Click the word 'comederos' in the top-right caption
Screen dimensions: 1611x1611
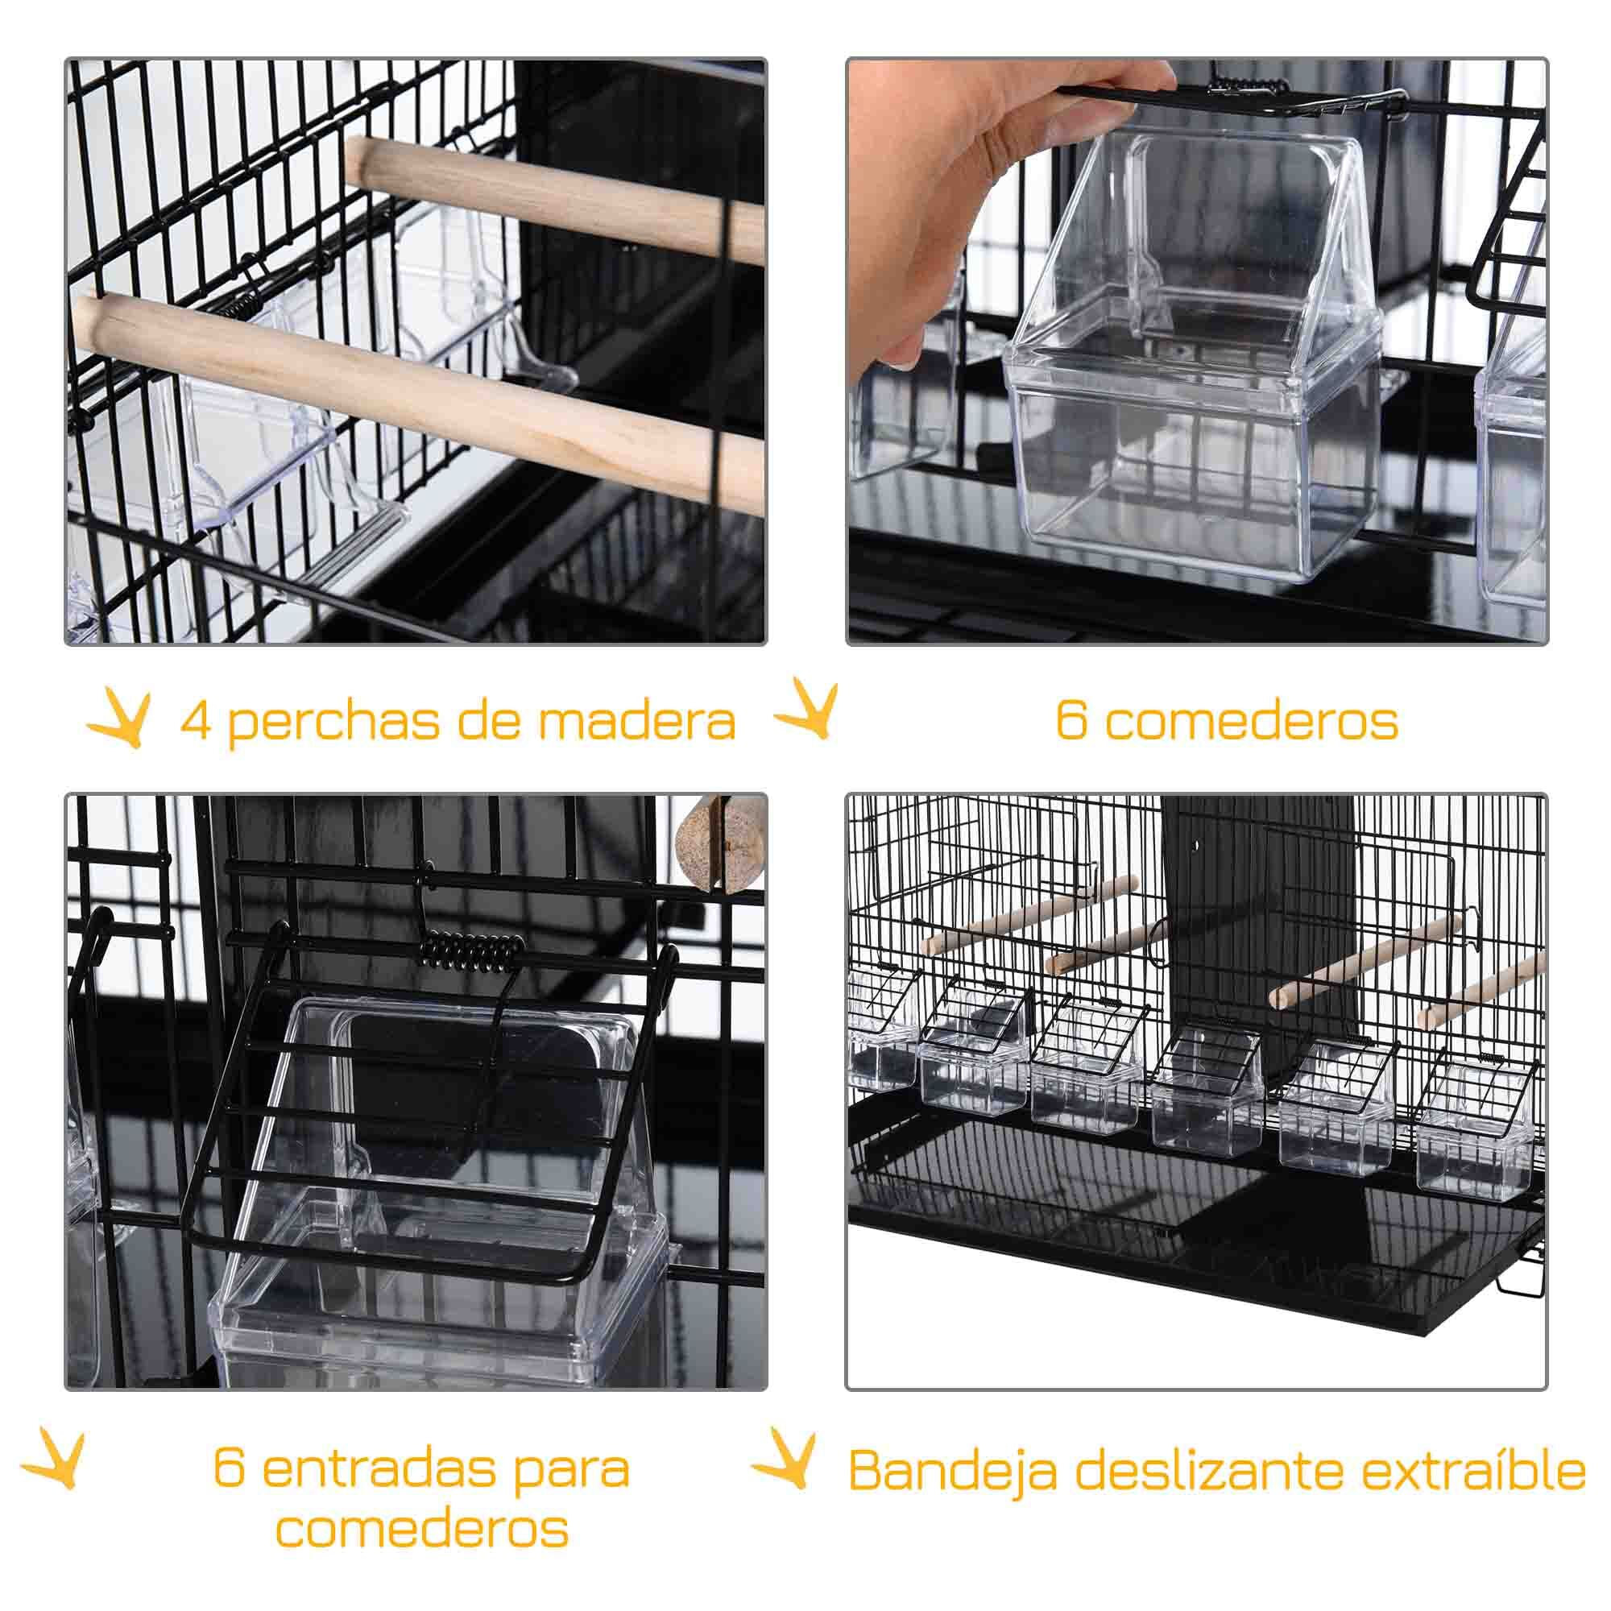pos(1252,720)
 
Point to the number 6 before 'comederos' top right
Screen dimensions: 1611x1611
pos(1071,720)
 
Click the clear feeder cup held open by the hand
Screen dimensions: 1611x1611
pos(1192,375)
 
